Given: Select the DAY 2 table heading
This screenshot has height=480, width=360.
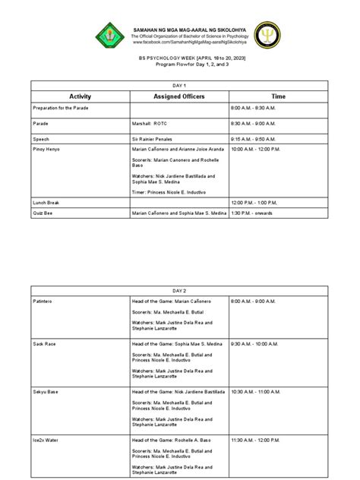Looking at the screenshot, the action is click(x=180, y=289).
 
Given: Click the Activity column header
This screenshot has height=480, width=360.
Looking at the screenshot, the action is click(x=80, y=97).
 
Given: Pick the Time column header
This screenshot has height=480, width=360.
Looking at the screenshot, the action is click(x=279, y=97).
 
